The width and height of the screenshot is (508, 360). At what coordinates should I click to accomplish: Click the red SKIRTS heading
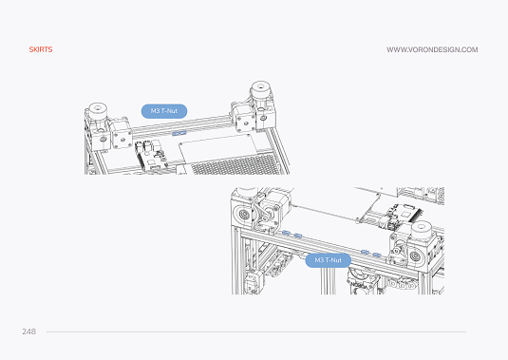(41, 49)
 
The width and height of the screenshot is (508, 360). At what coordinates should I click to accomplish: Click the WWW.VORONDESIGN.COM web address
(432, 49)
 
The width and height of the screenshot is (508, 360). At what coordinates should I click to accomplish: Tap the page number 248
(29, 332)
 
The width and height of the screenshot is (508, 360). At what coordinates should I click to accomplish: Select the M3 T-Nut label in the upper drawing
(164, 111)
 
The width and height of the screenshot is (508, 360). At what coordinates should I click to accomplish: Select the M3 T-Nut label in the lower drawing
(328, 260)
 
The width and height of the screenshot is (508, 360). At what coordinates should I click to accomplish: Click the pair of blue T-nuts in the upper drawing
(179, 133)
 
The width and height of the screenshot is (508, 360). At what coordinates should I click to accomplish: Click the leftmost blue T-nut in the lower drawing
(286, 233)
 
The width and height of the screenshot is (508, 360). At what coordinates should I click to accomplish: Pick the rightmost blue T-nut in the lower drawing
(376, 255)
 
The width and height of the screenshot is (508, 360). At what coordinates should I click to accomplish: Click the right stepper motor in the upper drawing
(244, 119)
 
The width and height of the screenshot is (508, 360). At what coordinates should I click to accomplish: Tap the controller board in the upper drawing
(151, 156)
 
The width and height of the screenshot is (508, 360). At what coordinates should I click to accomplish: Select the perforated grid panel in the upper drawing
(235, 164)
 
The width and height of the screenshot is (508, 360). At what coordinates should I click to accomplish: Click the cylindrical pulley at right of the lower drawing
(422, 231)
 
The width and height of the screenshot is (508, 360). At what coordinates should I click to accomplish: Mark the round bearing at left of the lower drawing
(243, 214)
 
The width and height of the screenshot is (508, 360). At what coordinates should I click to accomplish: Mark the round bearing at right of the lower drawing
(416, 256)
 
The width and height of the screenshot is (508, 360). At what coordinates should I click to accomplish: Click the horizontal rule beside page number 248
(256, 332)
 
